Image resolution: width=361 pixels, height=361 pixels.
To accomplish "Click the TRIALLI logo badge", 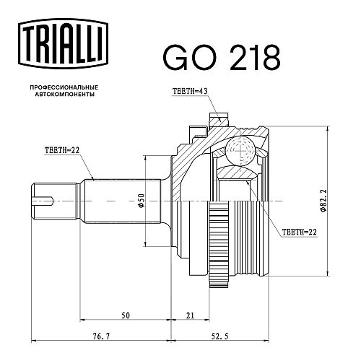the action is coord(64,44).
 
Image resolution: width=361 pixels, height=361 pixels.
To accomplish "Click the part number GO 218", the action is coord(222,58).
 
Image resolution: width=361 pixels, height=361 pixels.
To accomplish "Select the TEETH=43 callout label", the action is coord(190,91).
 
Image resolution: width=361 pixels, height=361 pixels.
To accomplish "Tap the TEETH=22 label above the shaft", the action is coord(62,150).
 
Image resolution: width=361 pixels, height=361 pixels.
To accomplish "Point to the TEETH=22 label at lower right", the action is coord(300,232).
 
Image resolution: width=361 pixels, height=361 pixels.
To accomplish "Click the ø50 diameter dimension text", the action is coord(142,200).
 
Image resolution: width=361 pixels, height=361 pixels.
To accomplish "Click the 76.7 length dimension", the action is coord(101,336).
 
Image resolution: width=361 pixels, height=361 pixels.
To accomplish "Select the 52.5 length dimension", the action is coord(219,336).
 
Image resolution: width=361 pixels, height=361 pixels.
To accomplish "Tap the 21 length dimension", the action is coord(190,316).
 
